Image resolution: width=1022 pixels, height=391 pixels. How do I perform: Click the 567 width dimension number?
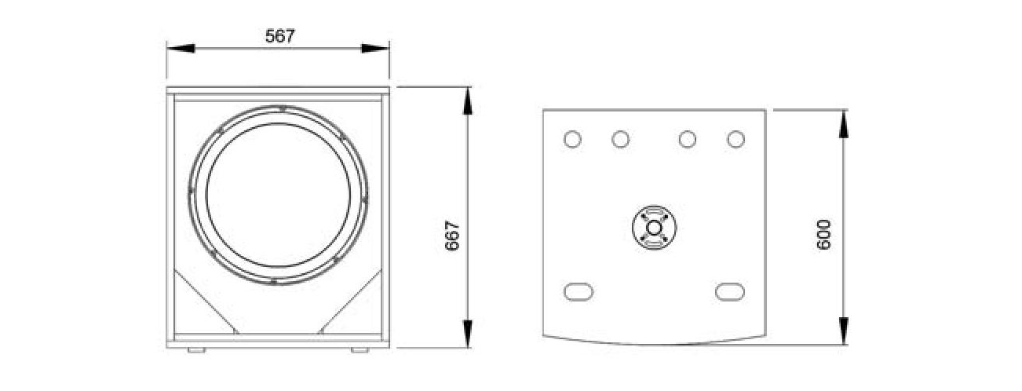280,35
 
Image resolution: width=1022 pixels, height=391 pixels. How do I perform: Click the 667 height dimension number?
453,236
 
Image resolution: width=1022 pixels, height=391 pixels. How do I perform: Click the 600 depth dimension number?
823,235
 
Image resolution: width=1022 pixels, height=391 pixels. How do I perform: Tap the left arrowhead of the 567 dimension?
181,49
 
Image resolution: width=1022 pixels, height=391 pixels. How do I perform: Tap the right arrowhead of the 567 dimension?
375,49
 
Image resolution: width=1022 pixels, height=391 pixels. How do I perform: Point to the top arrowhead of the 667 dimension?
468,100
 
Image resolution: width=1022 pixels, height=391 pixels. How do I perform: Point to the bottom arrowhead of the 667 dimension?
468,334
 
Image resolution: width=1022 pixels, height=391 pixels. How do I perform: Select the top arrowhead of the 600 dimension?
844,123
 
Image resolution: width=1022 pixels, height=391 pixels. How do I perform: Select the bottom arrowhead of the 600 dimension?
844,331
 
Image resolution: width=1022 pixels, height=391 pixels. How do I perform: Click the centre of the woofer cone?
279,195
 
